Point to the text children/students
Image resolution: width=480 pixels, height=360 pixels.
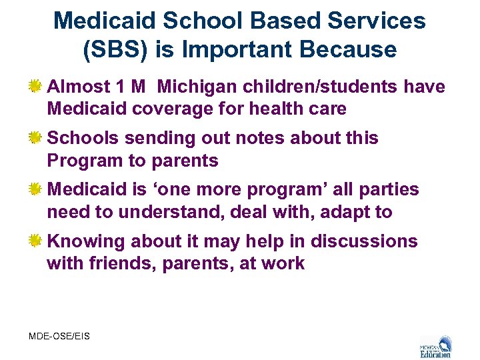328,87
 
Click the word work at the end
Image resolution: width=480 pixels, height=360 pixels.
283,263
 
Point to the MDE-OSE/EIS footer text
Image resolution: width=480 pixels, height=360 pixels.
59,336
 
